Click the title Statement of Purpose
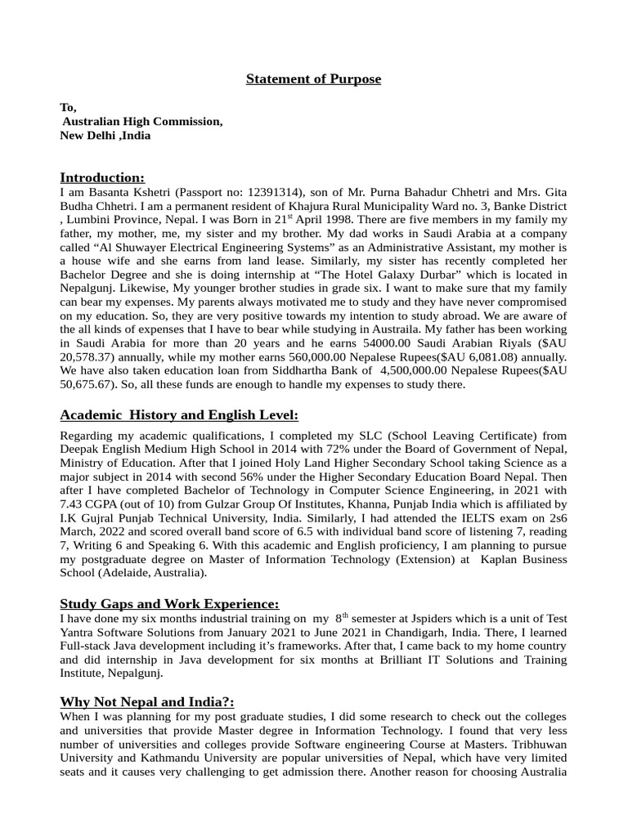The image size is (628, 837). tap(314, 79)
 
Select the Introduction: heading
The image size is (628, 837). tap(102, 177)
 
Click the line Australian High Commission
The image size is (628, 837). tap(142, 121)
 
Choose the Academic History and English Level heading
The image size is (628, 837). tap(179, 415)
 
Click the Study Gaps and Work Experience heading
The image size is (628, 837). tap(169, 603)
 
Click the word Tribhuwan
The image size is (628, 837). tap(540, 745)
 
